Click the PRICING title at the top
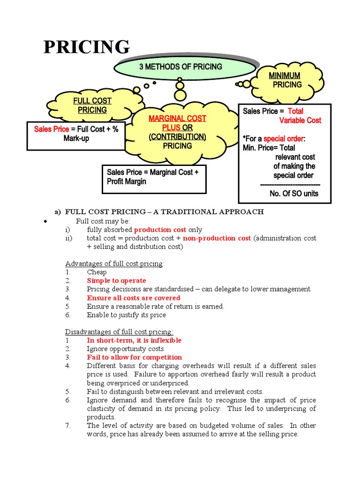[87, 48]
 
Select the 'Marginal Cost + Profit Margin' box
[154, 177]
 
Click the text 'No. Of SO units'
[294, 194]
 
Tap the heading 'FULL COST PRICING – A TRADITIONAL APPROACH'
[164, 212]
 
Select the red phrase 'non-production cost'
[217, 238]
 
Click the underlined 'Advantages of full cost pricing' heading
[114, 263]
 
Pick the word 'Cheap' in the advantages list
[97, 272]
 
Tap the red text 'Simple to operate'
[116, 281]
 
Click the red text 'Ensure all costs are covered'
[133, 298]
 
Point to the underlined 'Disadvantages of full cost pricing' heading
[119, 332]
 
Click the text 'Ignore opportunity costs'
[125, 349]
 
